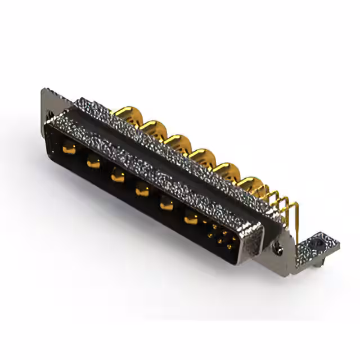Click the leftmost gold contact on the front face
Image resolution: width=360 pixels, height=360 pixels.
(69, 150)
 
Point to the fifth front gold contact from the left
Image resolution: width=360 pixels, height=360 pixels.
(166, 204)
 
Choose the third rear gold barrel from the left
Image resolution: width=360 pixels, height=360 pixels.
(178, 142)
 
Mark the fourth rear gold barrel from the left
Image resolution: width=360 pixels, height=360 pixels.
(201, 156)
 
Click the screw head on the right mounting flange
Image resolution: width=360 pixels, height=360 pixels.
(277, 246)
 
